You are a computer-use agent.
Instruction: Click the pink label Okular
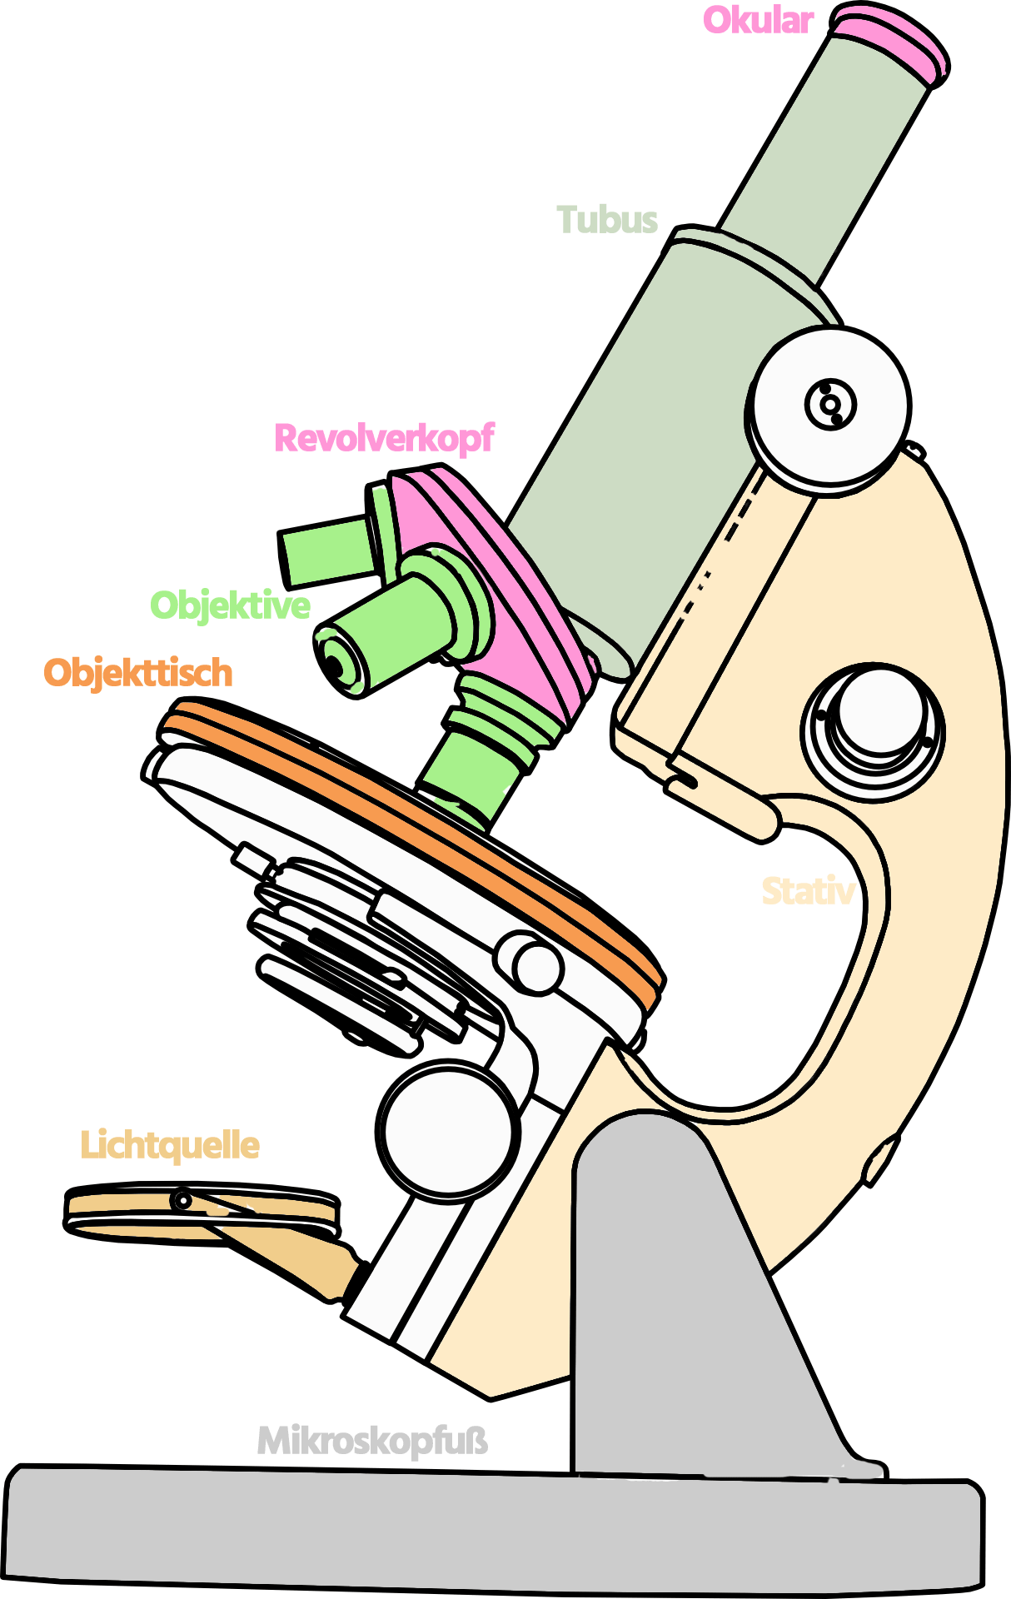click(758, 21)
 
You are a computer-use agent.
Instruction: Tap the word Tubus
click(607, 221)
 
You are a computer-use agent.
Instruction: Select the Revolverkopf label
click(384, 438)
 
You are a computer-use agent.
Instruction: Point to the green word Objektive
click(230, 605)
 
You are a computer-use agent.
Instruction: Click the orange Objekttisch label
click(138, 673)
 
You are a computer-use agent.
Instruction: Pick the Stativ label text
click(808, 892)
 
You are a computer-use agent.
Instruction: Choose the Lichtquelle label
click(170, 1146)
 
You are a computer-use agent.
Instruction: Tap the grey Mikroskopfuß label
click(372, 1442)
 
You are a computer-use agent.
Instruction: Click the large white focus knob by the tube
click(830, 406)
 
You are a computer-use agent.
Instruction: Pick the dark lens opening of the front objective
click(334, 665)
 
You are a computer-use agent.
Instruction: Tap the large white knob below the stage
click(446, 1131)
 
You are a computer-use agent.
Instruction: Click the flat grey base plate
click(491, 1532)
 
